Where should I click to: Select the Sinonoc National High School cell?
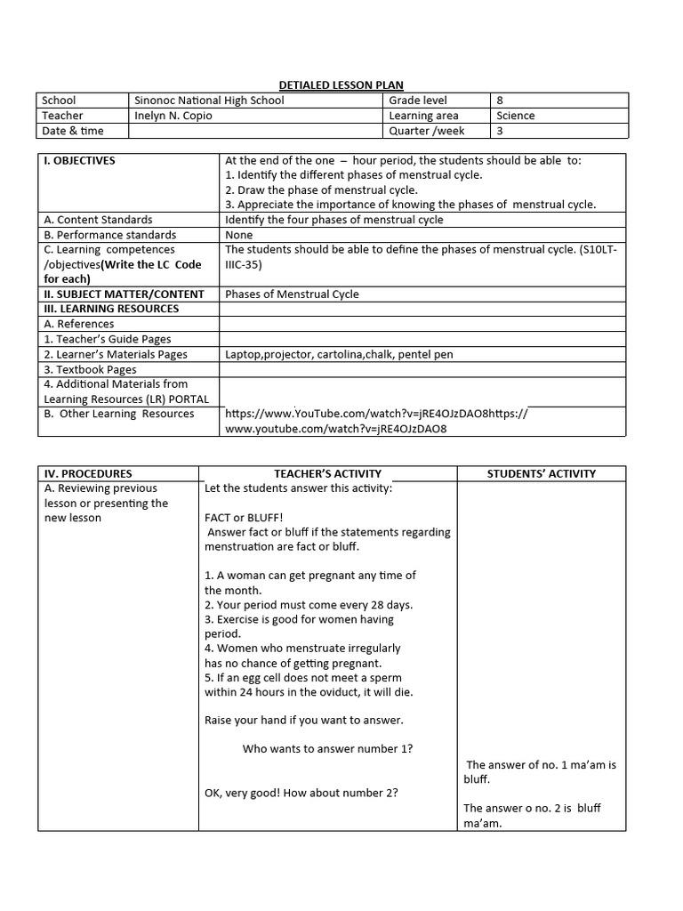tap(209, 101)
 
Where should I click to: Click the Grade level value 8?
tap(500, 101)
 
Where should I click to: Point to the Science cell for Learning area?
tap(516, 116)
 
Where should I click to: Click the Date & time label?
tap(73, 131)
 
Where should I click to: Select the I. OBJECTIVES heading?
tap(80, 161)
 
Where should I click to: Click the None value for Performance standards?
tap(239, 235)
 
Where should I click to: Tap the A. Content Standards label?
tap(99, 220)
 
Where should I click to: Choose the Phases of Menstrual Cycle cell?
tap(293, 294)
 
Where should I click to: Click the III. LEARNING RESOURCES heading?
tap(111, 309)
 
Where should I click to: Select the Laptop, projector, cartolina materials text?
tap(339, 354)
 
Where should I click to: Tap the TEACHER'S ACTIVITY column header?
tap(328, 474)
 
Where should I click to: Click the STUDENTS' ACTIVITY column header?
tap(542, 474)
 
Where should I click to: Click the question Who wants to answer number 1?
tap(327, 749)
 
